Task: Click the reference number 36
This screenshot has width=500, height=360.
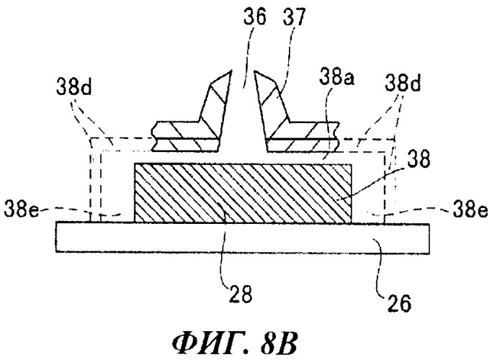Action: [254, 17]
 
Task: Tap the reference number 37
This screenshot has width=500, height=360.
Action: [294, 17]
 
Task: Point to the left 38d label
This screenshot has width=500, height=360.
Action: [74, 86]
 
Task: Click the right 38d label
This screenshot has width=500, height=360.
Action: [403, 83]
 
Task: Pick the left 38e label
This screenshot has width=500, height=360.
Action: [21, 210]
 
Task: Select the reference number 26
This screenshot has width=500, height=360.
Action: [399, 303]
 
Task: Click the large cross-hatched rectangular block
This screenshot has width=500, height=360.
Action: [243, 193]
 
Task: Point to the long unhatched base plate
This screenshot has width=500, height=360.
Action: [242, 238]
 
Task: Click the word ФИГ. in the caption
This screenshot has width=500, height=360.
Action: [210, 345]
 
